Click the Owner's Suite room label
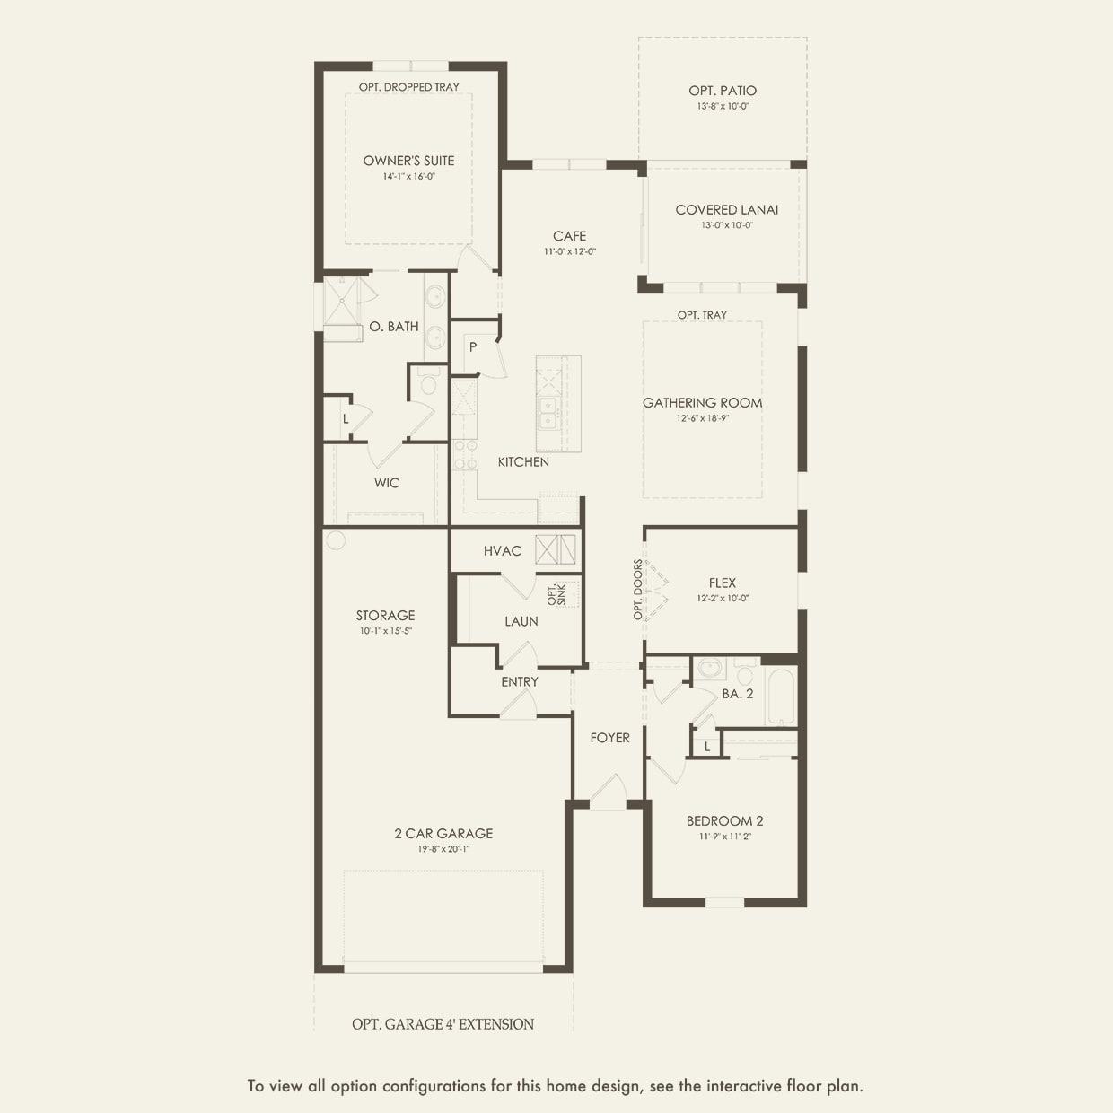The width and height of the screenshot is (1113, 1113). click(408, 161)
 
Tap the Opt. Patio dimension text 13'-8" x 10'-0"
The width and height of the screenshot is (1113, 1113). click(723, 106)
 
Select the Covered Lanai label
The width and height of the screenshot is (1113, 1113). click(726, 209)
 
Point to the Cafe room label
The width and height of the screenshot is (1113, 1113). click(569, 236)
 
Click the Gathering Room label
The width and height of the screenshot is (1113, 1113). click(702, 403)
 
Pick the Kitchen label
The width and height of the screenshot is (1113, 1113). click(523, 461)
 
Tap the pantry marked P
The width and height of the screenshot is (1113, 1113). click(472, 347)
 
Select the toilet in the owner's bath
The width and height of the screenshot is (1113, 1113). click(427, 385)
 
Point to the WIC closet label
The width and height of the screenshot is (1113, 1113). click(387, 483)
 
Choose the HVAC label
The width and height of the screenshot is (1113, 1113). click(502, 550)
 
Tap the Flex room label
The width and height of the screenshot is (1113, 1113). click(722, 583)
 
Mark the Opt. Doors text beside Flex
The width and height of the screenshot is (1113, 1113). click(638, 590)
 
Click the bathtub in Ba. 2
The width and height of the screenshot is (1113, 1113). click(781, 697)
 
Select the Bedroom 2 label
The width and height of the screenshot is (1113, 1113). click(724, 820)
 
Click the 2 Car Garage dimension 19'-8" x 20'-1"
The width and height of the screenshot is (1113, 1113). click(443, 848)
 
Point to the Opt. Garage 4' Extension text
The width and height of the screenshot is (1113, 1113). click(443, 1024)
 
